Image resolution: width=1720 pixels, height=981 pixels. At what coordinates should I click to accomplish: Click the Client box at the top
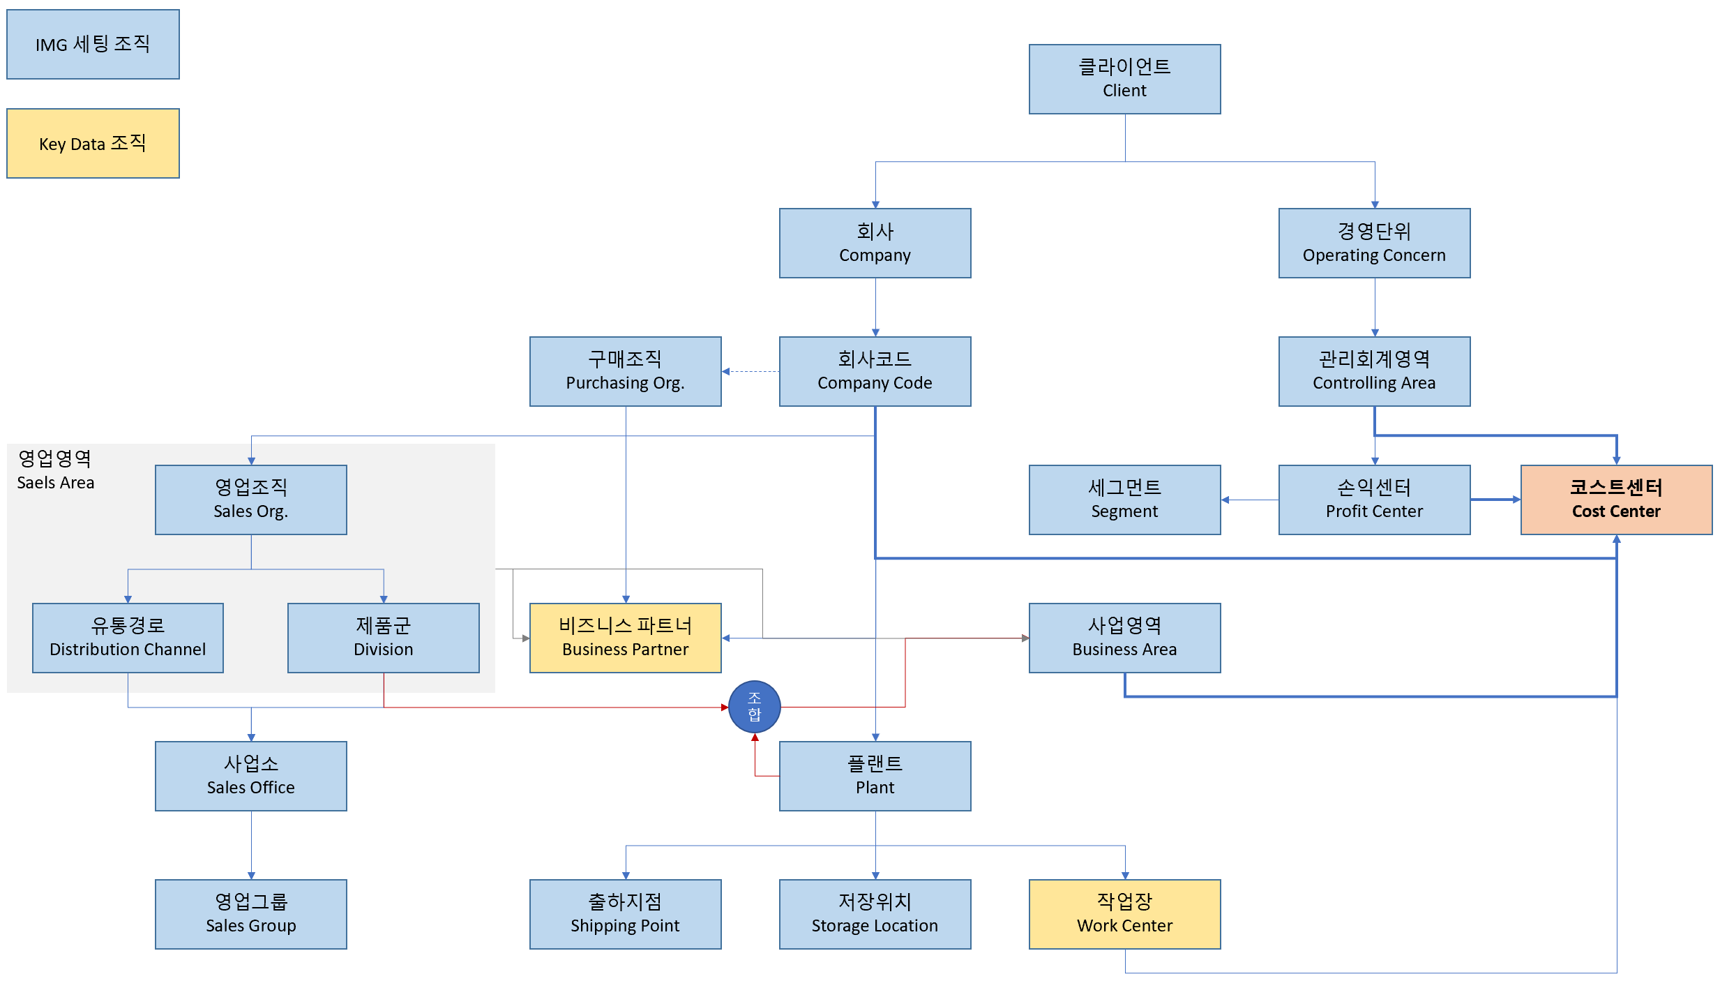coord(1124,79)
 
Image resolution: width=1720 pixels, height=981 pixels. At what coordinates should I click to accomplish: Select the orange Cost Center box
coord(1615,500)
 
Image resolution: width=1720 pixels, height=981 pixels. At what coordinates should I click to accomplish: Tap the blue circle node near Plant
coord(754,706)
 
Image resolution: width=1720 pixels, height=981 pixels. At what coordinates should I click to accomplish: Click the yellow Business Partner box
coord(625,638)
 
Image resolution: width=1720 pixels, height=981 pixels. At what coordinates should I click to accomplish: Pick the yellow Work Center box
coord(1124,914)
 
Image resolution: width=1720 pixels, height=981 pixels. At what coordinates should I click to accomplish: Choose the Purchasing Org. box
coord(625,371)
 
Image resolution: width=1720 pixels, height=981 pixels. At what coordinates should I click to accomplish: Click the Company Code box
coord(875,371)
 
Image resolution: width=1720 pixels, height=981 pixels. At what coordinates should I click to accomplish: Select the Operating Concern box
coord(1374,243)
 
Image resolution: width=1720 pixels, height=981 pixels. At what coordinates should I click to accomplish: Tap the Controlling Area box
coord(1374,371)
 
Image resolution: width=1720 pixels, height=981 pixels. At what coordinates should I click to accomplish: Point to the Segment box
coord(1124,500)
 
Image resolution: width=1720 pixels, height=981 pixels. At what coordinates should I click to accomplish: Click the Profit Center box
coord(1374,500)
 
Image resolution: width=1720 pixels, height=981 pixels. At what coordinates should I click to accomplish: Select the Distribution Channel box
coord(128,638)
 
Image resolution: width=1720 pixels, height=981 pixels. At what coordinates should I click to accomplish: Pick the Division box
coord(383,638)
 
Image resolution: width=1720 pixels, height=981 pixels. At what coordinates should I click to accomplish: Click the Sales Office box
coord(250,776)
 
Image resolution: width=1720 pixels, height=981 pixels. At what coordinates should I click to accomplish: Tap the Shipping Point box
coord(625,914)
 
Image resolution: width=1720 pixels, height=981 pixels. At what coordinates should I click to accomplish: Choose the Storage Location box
coord(875,914)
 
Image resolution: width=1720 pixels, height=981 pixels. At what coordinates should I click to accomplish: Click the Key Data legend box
coord(93,143)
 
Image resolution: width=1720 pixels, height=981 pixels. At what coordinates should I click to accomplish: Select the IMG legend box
coord(93,44)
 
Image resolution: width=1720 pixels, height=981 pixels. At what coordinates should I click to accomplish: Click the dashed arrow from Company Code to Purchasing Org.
coord(750,371)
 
